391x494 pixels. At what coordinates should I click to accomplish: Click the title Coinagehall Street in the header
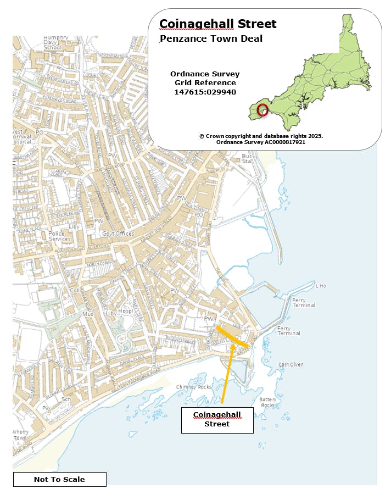coord(217,24)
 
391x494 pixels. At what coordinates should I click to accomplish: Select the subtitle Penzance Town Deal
coord(211,38)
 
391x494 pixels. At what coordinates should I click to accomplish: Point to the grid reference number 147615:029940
coord(205,92)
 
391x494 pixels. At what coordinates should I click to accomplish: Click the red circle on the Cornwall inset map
coord(262,109)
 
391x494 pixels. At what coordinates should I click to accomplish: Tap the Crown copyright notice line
coord(261,136)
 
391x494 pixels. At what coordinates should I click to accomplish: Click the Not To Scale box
coord(59,479)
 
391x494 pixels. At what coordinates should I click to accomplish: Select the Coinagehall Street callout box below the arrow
coord(217,419)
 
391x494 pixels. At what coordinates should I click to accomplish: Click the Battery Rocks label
coord(267,402)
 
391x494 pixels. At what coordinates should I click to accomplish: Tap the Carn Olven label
coord(291,364)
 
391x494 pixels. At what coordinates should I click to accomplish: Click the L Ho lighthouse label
coord(321,286)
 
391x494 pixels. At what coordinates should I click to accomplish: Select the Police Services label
coord(60,236)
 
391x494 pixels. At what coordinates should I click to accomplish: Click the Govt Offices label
coord(118,234)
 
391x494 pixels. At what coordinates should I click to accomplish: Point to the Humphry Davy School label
coord(53,43)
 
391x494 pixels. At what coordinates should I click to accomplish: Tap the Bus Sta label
coord(247,158)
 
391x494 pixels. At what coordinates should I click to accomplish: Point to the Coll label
coord(75,291)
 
